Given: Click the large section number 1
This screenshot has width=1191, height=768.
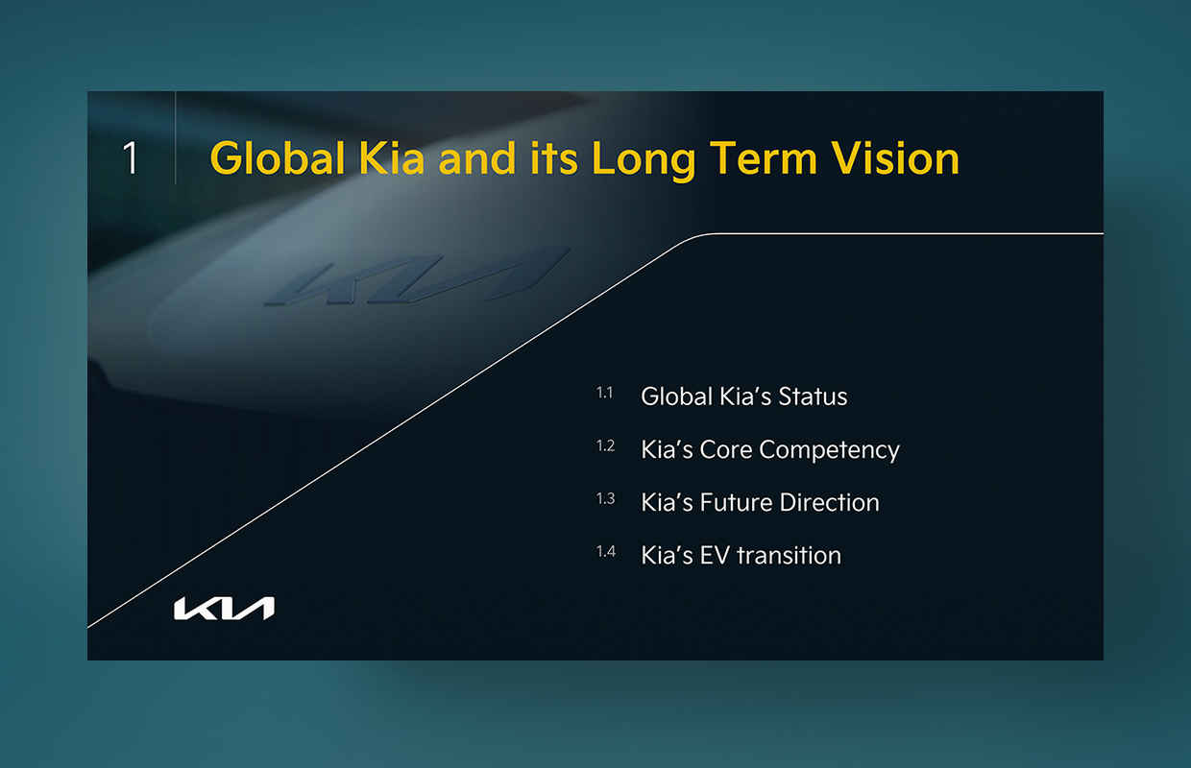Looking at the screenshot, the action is [131, 157].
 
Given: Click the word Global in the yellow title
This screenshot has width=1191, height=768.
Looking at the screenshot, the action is [278, 157].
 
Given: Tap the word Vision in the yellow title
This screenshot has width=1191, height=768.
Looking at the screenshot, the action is [895, 157].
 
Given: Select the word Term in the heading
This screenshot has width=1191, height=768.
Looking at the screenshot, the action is [764, 157].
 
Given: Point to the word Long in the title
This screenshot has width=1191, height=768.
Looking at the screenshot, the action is [644, 159].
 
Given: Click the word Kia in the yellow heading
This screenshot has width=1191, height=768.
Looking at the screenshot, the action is [392, 157].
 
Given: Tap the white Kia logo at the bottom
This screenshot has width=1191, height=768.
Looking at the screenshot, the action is [225, 608].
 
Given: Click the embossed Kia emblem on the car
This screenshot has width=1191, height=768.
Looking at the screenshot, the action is [418, 276].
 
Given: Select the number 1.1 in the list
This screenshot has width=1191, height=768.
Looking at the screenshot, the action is [604, 393].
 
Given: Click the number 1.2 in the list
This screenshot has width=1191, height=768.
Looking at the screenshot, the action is [606, 445].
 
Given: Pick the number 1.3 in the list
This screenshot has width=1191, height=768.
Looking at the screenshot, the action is [606, 498].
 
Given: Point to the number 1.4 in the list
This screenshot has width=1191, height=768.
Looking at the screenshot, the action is [606, 552].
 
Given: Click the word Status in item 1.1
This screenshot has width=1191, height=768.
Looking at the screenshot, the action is [813, 396].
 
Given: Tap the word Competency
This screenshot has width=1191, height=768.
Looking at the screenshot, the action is [830, 451].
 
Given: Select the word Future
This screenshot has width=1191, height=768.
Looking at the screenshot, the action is [736, 502].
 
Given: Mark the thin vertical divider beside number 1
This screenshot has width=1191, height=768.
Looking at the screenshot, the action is [176, 137].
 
